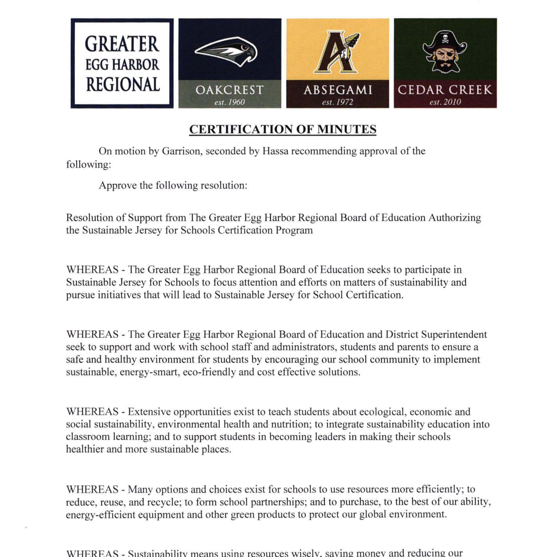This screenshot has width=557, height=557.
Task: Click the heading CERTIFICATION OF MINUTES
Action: pos(282,129)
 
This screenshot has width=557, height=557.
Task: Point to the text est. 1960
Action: pos(229,102)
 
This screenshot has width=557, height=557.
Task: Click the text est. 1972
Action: pos(337,102)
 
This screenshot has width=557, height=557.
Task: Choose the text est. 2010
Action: pos(445,102)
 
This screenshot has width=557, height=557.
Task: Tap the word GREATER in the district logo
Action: pos(122,44)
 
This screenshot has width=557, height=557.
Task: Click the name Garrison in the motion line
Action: pos(182,151)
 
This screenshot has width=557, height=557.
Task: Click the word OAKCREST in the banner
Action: pos(229,90)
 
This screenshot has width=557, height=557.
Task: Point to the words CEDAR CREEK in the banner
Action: pos(445,90)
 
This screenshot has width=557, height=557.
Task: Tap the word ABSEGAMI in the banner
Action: pos(337,90)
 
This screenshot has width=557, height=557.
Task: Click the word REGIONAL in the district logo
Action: pos(123,85)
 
